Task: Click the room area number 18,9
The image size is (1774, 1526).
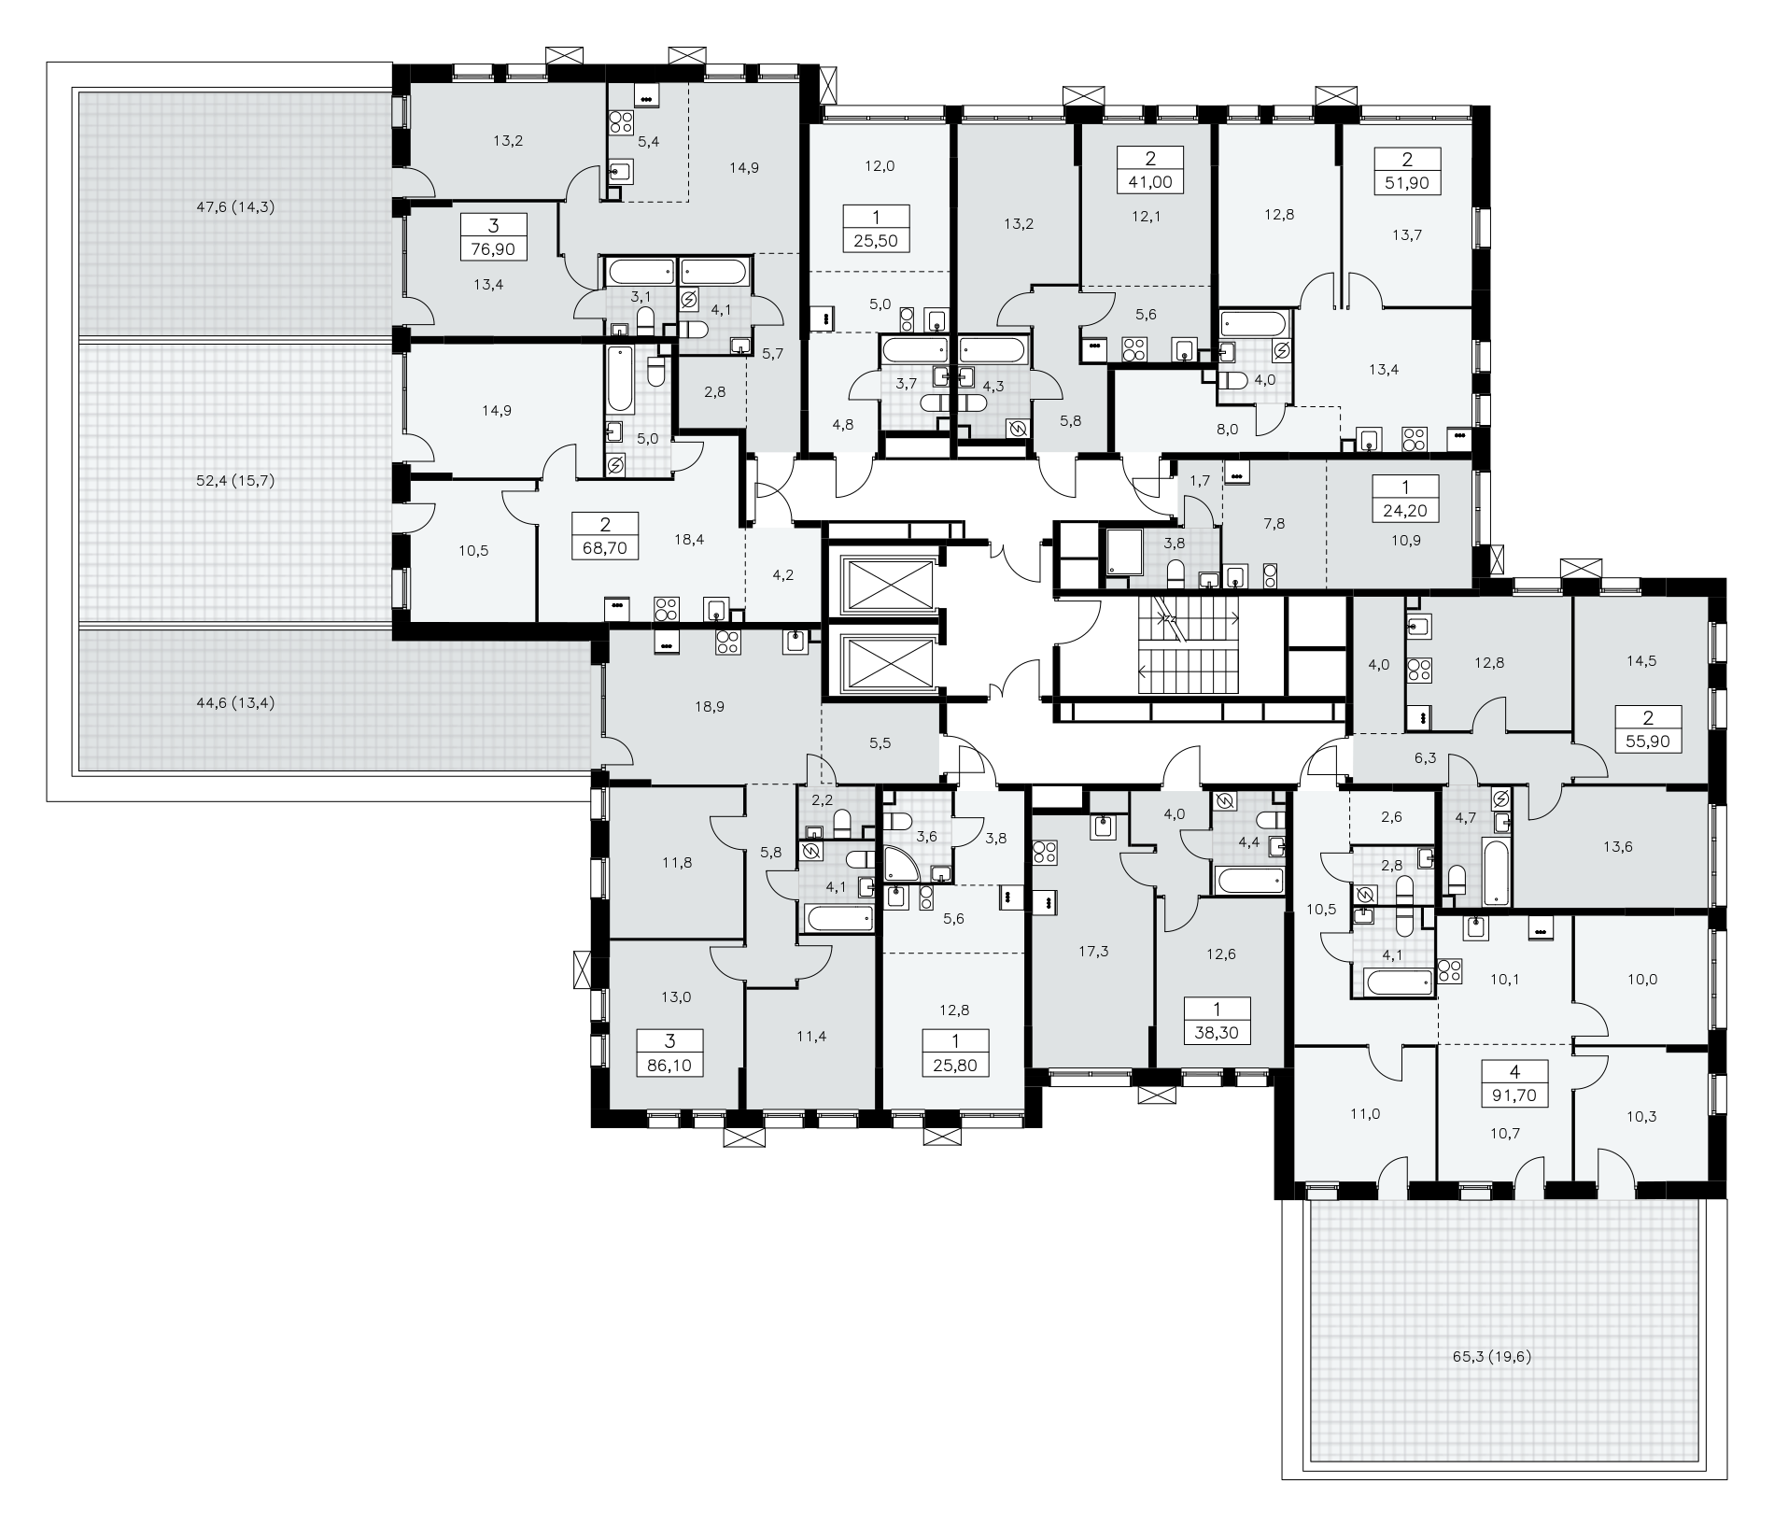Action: click(710, 707)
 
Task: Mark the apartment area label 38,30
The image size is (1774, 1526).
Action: click(1218, 1034)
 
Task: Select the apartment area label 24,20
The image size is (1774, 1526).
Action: click(1405, 511)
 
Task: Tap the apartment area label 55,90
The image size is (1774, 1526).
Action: click(1647, 742)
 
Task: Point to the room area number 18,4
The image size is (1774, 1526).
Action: click(689, 539)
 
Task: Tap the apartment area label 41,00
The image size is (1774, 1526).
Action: click(1149, 183)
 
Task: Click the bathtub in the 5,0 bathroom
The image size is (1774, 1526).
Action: click(620, 380)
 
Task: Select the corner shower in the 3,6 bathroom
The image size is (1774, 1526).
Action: click(902, 866)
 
